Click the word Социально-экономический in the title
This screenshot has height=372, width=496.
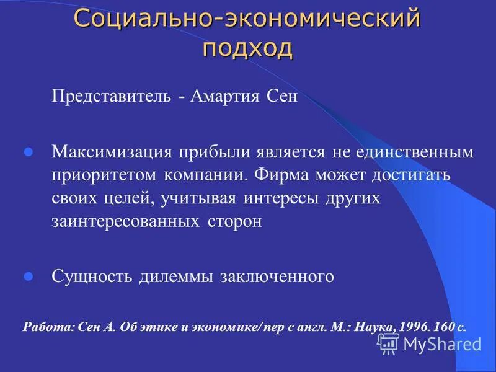click(x=247, y=19)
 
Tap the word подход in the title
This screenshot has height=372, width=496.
click(x=247, y=48)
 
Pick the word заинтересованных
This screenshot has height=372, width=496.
click(x=123, y=223)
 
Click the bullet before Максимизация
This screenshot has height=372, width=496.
click(x=28, y=152)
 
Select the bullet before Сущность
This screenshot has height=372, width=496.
click(x=28, y=277)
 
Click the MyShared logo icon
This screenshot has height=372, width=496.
click(x=388, y=343)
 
